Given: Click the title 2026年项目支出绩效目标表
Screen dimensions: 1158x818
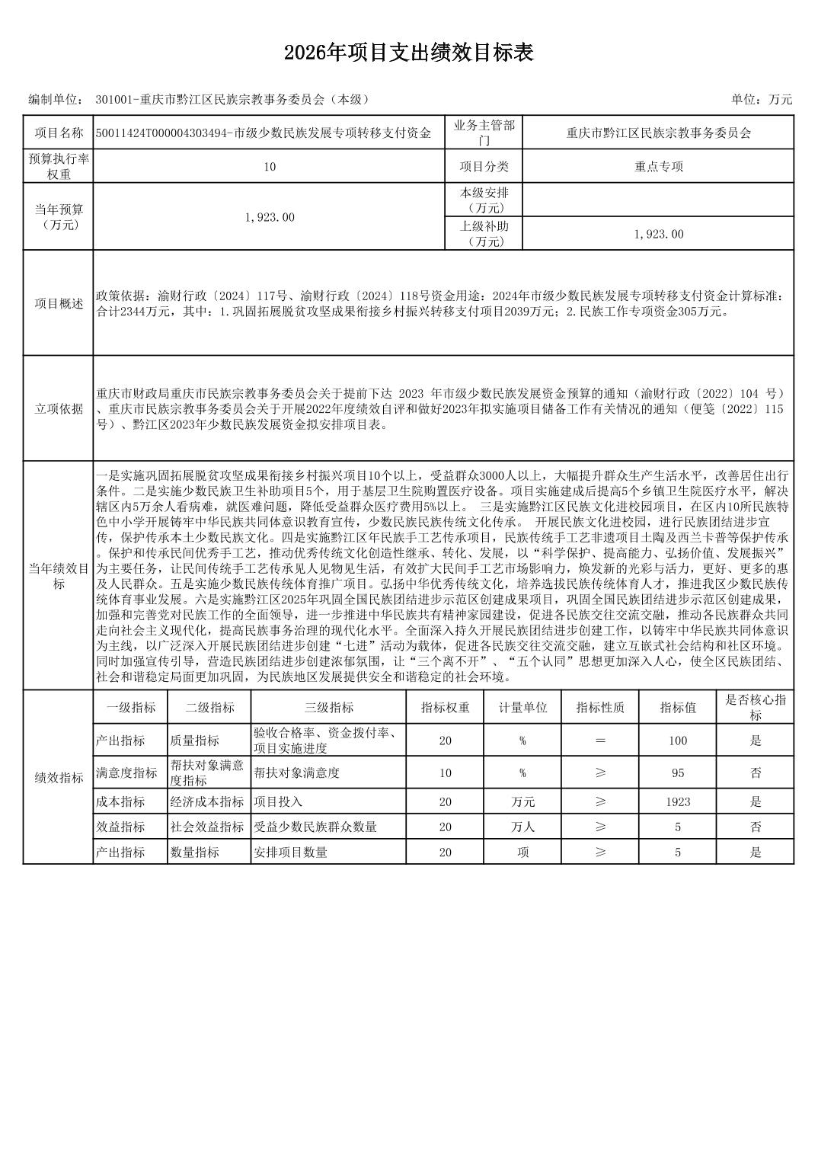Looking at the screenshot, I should click(408, 53).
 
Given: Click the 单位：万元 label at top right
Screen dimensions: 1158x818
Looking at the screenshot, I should click(762, 99).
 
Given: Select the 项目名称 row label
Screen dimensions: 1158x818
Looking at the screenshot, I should click(59, 133).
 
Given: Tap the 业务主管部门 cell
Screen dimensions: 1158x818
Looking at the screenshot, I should click(484, 133).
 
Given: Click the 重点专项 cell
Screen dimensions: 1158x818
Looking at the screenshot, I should click(658, 167).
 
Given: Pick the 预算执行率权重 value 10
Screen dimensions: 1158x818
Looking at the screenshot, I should click(269, 167).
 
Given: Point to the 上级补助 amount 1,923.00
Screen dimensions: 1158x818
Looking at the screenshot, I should click(658, 234).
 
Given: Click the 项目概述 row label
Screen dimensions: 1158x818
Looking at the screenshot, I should click(59, 303).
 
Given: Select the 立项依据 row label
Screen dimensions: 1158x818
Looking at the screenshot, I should click(59, 408).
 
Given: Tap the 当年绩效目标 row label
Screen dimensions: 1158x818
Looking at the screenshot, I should click(59, 576).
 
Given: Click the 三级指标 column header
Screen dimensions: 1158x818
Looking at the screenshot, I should click(328, 707).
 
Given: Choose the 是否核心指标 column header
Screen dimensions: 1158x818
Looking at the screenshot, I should click(755, 707).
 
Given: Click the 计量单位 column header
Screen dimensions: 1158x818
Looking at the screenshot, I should click(522, 707).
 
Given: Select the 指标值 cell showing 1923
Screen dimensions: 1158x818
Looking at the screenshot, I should click(677, 801).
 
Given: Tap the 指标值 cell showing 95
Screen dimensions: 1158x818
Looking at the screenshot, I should click(677, 773).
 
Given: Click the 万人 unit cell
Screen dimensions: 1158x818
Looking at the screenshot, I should click(522, 827).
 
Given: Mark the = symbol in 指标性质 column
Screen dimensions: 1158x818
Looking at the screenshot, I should click(600, 741).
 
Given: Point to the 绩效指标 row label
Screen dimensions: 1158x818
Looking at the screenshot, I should click(59, 778).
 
